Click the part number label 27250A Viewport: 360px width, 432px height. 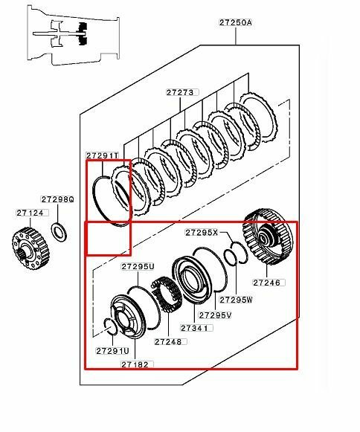(236, 22)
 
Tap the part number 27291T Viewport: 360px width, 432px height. (103, 155)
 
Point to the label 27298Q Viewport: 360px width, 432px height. (57, 199)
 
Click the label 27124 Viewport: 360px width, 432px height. (30, 213)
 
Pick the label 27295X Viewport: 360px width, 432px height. (202, 233)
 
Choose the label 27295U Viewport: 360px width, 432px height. (138, 266)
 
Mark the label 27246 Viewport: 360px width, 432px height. (266, 283)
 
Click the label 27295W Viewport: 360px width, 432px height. (236, 300)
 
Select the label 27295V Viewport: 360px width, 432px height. (215, 315)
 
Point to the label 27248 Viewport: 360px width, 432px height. (168, 341)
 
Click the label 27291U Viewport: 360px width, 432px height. (112, 351)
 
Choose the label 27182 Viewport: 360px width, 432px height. (135, 364)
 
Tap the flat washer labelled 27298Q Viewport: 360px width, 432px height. (59, 231)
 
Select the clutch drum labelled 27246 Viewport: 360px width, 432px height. (268, 237)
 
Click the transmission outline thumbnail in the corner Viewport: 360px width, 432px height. (74, 35)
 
